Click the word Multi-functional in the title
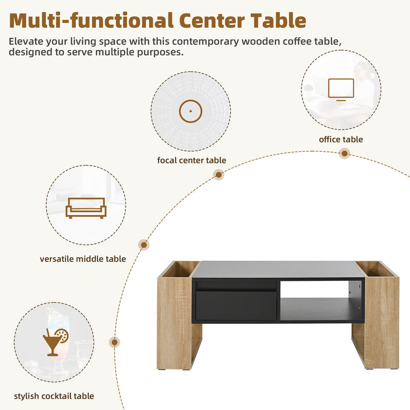(x=89, y=20)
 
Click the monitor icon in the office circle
(x=341, y=89)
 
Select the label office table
(x=341, y=139)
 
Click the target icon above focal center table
(x=191, y=111)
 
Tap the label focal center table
(x=191, y=160)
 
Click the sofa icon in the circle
(x=86, y=208)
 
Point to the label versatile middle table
(x=83, y=259)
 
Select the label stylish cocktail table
(x=54, y=396)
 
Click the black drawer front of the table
(x=236, y=305)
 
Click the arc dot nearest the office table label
(x=345, y=153)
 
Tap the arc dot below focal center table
(x=219, y=175)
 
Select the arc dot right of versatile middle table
(x=144, y=245)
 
